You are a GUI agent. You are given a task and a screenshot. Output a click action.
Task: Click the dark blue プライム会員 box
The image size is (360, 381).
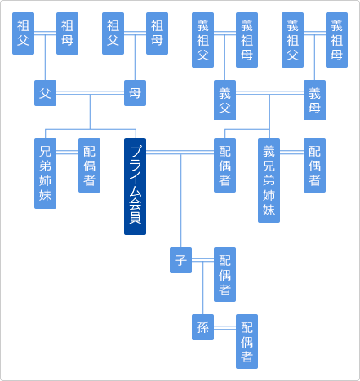tap(135, 186)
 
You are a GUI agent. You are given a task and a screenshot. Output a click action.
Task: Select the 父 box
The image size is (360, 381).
tap(46, 93)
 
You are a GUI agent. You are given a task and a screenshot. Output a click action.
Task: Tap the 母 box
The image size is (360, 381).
tap(135, 93)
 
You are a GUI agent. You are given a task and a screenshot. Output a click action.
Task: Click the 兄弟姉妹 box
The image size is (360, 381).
tap(46, 172)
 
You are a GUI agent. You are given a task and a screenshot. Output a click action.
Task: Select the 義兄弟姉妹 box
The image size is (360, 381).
tap(269, 179)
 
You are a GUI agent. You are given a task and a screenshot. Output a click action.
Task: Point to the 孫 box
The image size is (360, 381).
tap(202, 326)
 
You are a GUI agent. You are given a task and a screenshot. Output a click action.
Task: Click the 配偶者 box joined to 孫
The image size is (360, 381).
tap(247, 340)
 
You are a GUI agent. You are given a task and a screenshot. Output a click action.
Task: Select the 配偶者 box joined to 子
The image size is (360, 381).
tap(224, 273)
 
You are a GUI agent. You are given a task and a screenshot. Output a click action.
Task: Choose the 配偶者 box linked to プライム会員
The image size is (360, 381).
tap(224, 165)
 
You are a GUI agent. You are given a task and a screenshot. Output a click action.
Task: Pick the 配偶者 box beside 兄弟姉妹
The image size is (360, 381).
tap(90, 165)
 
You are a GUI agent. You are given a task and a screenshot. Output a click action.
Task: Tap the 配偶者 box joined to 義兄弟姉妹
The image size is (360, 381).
tap(314, 165)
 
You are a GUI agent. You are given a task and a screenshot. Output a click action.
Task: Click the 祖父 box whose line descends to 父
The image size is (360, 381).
tap(24, 33)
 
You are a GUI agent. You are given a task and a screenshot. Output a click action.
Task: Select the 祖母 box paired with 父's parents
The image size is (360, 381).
tap(68, 33)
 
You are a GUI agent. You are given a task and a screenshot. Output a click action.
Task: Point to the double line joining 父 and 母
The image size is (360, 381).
tap(90, 93)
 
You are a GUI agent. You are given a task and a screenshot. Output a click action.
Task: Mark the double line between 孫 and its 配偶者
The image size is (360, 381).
tap(224, 326)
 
